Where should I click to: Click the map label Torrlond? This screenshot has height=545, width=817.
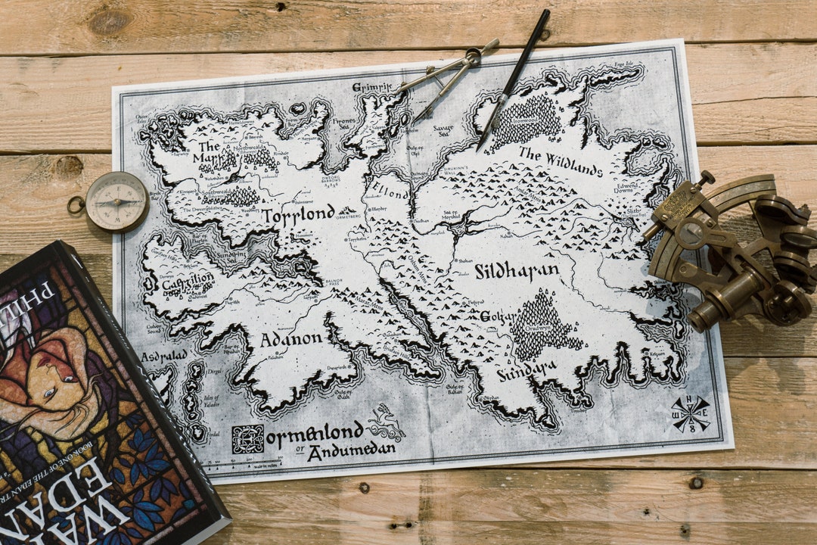[x=298, y=215]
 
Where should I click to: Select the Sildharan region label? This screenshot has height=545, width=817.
[x=517, y=271]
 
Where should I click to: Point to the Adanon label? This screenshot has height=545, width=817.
[x=291, y=339]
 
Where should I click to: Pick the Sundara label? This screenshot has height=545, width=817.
[x=527, y=370]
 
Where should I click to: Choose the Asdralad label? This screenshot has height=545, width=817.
[x=163, y=356]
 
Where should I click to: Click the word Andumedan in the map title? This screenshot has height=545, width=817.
[x=362, y=450]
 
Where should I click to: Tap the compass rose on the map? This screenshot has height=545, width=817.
[x=691, y=413]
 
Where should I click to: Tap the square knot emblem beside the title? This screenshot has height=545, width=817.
[x=247, y=439]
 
